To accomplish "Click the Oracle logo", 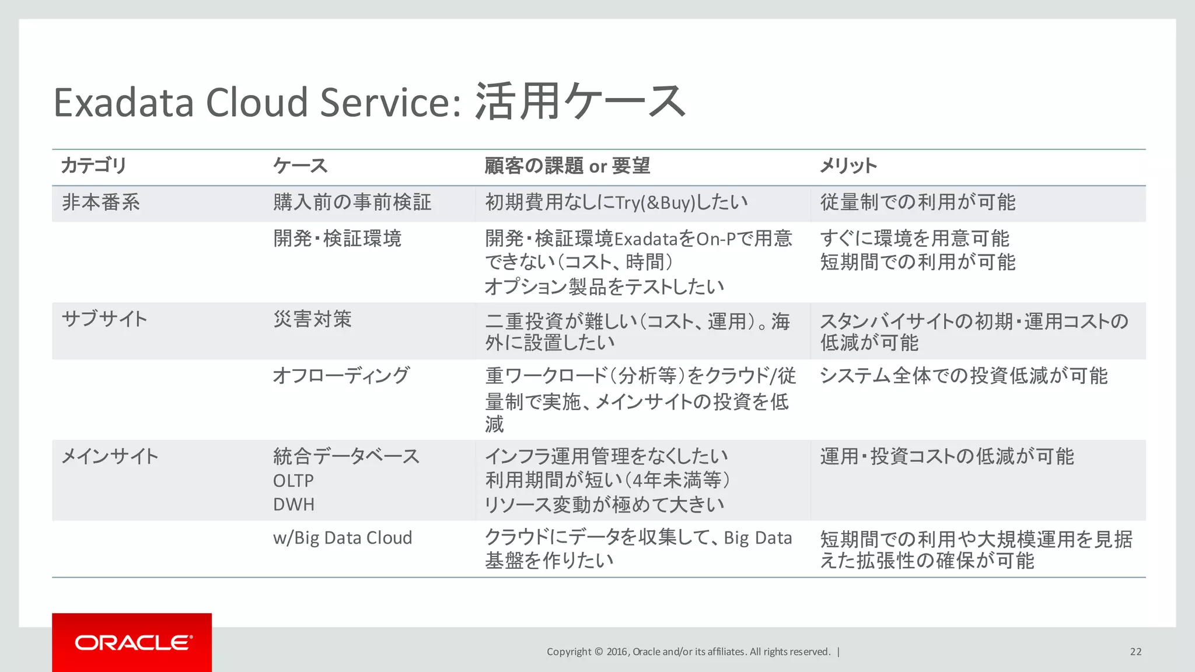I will (132, 642).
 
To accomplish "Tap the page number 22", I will (1135, 652).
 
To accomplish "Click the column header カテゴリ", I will (94, 166).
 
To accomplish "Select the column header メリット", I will (848, 166).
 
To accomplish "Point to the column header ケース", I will (301, 166).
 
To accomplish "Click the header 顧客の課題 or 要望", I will (567, 166).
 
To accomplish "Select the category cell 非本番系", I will (101, 202).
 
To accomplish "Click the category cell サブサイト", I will (104, 319).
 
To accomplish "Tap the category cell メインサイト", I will (110, 456).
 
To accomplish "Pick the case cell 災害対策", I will (313, 319).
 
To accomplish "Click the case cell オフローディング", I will (341, 376).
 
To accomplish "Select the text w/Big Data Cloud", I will (343, 537).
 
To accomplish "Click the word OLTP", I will (293, 481).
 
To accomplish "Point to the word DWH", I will (293, 504).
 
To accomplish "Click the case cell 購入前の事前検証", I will (352, 202).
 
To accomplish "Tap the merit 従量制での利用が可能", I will (918, 202).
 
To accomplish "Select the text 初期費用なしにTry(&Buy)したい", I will (616, 202).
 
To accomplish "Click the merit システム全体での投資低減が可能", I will (963, 376).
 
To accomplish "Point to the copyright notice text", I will (689, 652).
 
